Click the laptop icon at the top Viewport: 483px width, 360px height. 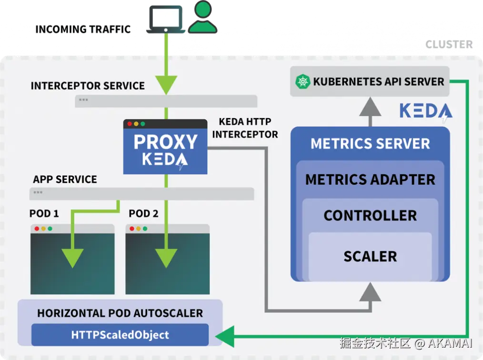pos(166,19)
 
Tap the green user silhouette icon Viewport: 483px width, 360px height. pos(203,17)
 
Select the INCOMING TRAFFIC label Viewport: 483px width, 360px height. pos(83,29)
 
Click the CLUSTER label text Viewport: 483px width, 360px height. pos(449,44)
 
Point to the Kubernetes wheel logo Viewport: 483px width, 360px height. pos(303,81)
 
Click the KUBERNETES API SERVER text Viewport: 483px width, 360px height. pos(379,81)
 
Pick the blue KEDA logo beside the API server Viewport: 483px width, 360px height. pos(426,111)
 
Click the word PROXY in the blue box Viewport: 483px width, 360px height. pos(165,142)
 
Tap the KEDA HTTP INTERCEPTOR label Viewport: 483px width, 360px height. pos(245,128)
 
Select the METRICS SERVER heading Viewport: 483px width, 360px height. pos(370,143)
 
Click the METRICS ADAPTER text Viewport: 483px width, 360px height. pos(370,180)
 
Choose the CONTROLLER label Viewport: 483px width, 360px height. pos(370,216)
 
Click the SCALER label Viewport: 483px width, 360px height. pos(370,257)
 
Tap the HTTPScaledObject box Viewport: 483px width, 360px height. pos(120,335)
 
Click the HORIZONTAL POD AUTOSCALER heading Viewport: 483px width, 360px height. pos(120,313)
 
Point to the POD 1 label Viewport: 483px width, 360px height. pos(44,213)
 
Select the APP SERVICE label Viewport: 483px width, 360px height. pos(65,179)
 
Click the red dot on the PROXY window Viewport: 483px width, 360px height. pos(130,124)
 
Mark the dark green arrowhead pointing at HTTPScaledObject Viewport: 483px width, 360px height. pos(225,336)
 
